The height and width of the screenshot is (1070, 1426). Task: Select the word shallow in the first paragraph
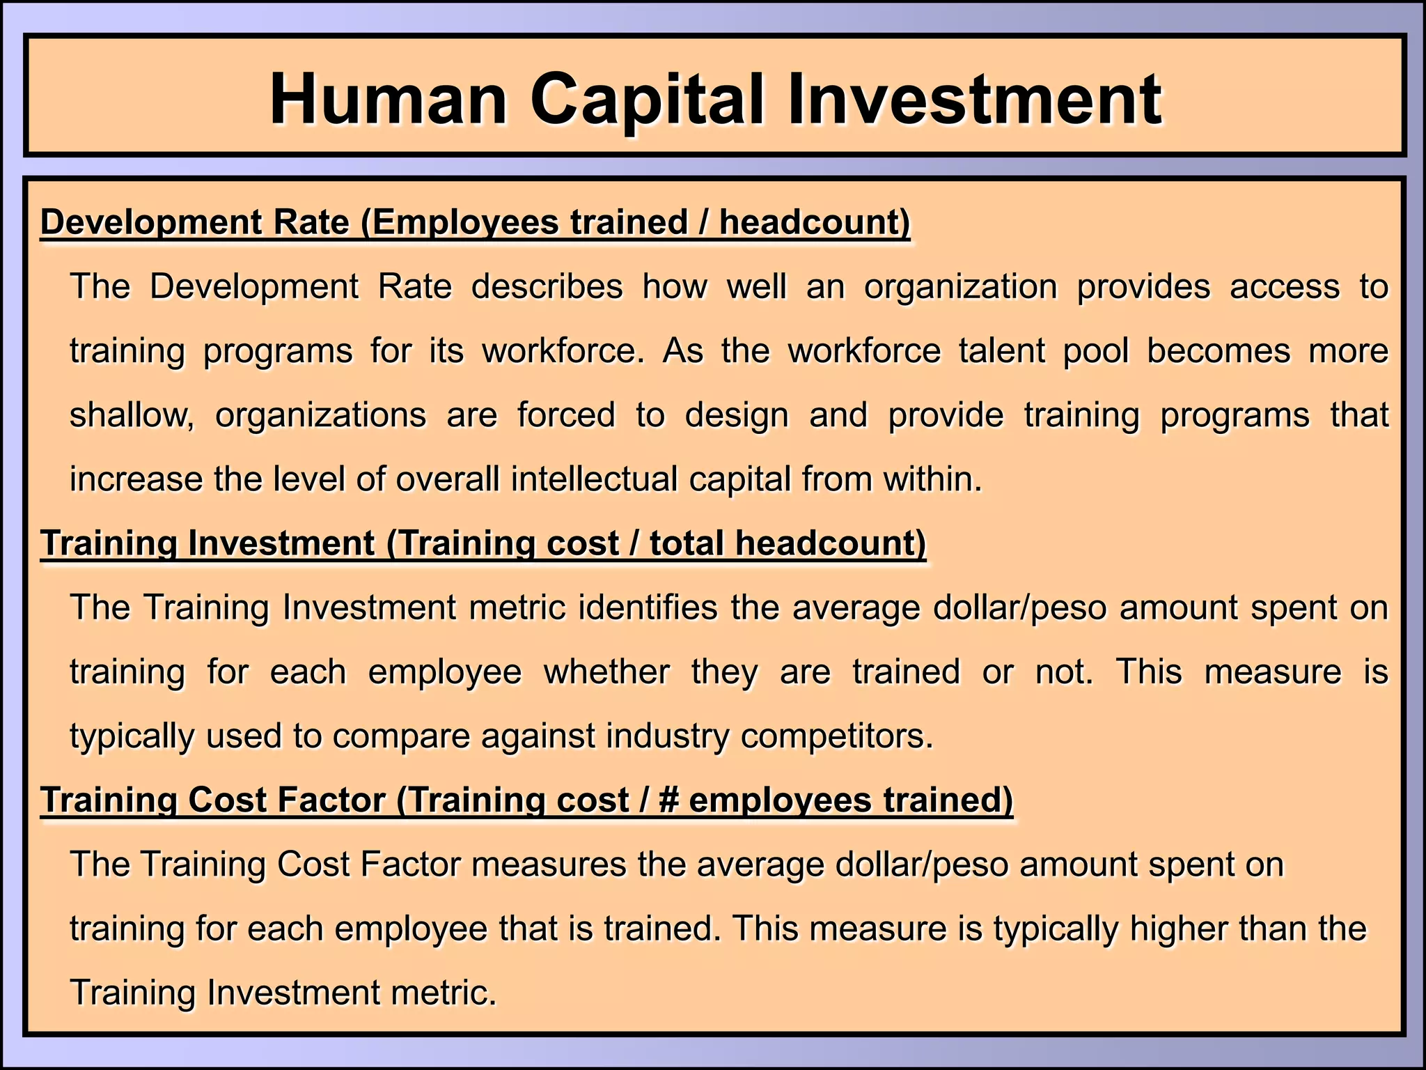tap(130, 415)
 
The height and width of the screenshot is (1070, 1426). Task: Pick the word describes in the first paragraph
tap(547, 286)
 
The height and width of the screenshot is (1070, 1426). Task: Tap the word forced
tap(566, 415)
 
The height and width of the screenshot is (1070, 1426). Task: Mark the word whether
tap(606, 672)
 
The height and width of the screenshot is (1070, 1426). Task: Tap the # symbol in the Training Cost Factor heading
tap(668, 800)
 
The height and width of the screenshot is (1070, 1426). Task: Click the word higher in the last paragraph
tap(1167, 929)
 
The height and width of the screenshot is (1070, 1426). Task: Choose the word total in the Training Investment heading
tap(686, 543)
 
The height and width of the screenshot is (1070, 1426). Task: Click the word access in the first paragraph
tap(1285, 286)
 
